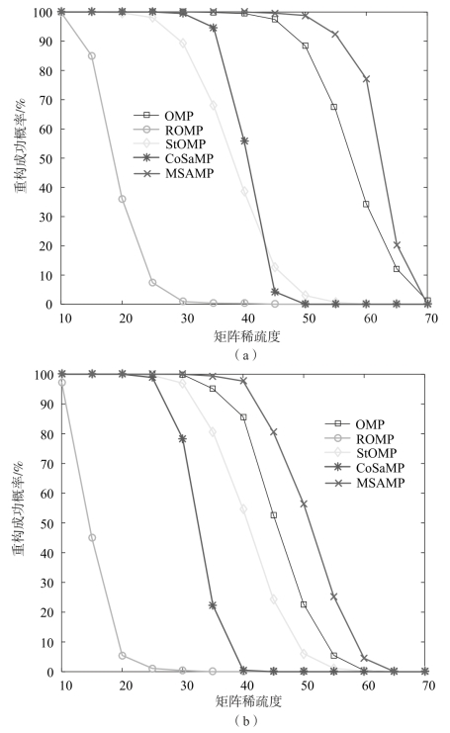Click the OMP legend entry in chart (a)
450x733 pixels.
click(x=163, y=116)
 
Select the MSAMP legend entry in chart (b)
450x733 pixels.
click(x=365, y=483)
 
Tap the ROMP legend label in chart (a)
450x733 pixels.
click(x=184, y=130)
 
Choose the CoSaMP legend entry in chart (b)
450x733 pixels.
click(x=365, y=468)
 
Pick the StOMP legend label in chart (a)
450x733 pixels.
click(x=185, y=144)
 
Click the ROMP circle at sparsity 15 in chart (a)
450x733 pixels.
click(x=92, y=56)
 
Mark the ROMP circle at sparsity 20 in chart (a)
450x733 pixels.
click(x=123, y=199)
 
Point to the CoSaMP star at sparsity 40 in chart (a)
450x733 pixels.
click(x=244, y=140)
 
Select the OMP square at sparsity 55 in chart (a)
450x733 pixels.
click(x=333, y=107)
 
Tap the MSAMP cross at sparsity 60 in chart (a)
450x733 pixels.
click(x=366, y=79)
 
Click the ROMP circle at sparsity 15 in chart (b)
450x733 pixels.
click(x=92, y=538)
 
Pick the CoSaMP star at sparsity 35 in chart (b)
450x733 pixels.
click(x=213, y=605)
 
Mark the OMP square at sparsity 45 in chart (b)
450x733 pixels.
click(x=274, y=515)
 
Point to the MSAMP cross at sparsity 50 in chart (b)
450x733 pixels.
click(x=304, y=504)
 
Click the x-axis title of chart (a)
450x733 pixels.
click(x=246, y=336)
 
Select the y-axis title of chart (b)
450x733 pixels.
click(x=19, y=508)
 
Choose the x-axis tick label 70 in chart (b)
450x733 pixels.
click(x=427, y=686)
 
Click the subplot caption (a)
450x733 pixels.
click(x=246, y=355)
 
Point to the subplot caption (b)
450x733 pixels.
click(x=246, y=720)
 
